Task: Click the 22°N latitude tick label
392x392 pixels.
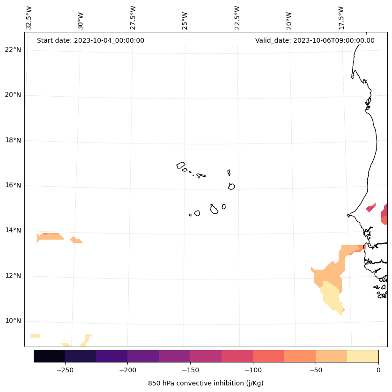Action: pyautogui.click(x=13, y=50)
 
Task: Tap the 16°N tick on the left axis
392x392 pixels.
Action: pyautogui.click(x=13, y=185)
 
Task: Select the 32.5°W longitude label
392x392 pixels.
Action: pyautogui.click(x=29, y=18)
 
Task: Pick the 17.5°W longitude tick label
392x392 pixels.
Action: pyautogui.click(x=341, y=18)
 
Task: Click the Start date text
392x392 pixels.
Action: pyautogui.click(x=90, y=40)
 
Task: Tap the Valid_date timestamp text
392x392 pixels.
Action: pyautogui.click(x=315, y=40)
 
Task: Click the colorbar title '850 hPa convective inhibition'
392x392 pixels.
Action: pyautogui.click(x=206, y=383)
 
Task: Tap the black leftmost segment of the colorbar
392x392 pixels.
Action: pyautogui.click(x=49, y=356)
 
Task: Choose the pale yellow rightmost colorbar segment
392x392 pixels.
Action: pyautogui.click(x=362, y=356)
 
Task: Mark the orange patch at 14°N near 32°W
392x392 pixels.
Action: pyautogui.click(x=51, y=236)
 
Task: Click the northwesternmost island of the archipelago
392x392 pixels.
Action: pyautogui.click(x=181, y=165)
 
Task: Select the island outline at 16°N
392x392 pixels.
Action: pyautogui.click(x=231, y=186)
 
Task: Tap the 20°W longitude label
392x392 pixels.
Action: pyautogui.click(x=289, y=20)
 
